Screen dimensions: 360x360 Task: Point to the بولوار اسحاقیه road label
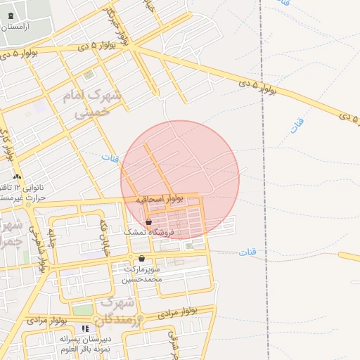tap(160, 200)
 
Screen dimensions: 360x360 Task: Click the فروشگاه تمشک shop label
tap(144, 231)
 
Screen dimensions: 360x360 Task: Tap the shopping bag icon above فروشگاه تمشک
tap(148, 221)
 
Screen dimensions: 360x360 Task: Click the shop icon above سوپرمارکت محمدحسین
tap(142, 258)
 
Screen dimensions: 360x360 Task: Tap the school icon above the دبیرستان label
tap(86, 328)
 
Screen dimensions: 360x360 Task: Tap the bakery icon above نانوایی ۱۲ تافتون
tap(17, 176)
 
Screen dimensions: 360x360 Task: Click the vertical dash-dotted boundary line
tap(263, 176)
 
